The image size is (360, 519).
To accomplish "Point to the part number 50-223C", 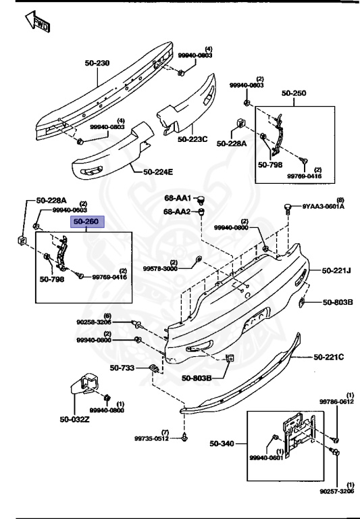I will [193, 139].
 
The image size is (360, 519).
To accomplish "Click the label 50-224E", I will [157, 172].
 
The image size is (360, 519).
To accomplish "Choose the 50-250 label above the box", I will [294, 93].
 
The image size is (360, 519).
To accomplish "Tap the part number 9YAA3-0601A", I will [322, 207].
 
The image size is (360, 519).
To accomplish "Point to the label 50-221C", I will [328, 356].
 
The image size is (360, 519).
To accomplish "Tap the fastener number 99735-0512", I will [149, 438].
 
